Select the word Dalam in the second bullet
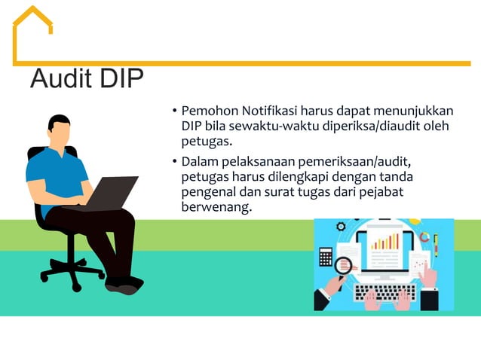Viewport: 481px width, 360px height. [x=198, y=161]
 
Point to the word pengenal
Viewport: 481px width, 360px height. [x=210, y=191]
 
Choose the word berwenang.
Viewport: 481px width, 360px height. [x=216, y=206]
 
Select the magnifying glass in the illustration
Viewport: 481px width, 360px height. [x=344, y=264]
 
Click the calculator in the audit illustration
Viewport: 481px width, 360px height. [x=326, y=257]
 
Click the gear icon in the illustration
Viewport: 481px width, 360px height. [x=341, y=226]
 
